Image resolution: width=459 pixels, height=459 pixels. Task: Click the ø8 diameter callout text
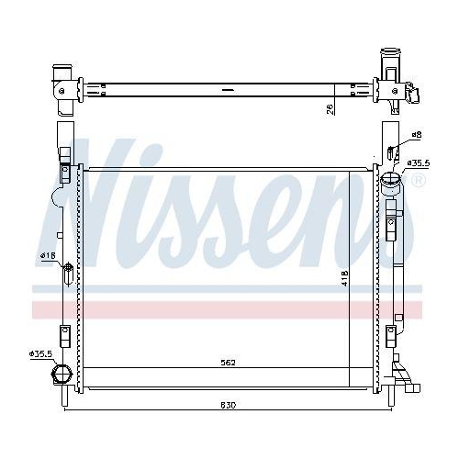(x=416, y=135)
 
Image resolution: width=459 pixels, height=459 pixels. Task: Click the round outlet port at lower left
(x=63, y=375)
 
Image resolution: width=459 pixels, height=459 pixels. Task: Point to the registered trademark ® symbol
(x=418, y=180)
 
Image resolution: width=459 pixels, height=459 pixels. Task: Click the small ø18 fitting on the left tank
(x=68, y=272)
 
